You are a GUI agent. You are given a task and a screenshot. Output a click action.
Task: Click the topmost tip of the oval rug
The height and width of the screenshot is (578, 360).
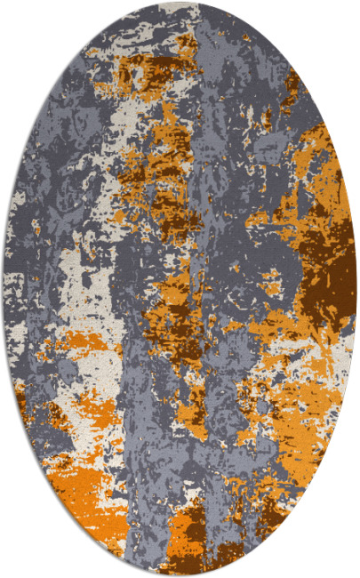[x=180, y=4]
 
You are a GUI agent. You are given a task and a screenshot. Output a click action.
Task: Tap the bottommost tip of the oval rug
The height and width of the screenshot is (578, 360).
[x=180, y=574]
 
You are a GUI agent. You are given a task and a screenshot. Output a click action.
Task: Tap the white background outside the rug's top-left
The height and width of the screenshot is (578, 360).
[x=27, y=36]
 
